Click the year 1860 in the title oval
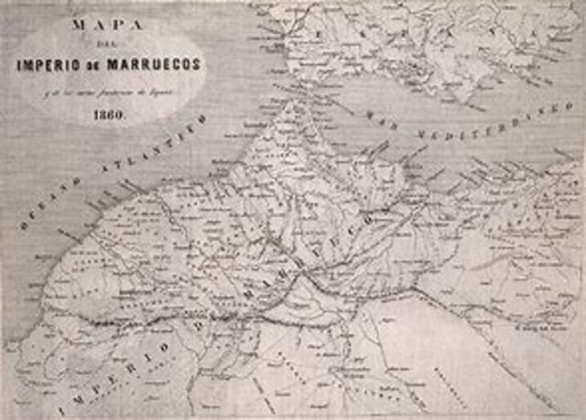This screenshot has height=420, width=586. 110,116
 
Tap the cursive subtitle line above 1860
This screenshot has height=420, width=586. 110,94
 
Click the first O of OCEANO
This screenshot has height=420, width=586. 27,221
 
